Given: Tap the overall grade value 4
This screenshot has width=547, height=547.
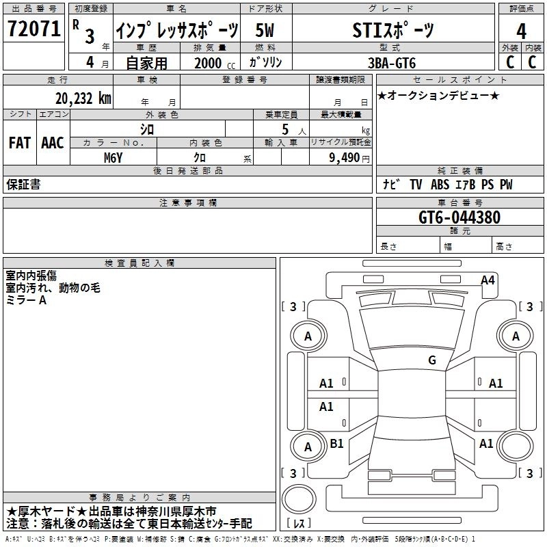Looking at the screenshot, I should tap(521, 31).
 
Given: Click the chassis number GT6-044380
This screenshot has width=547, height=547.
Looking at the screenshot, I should tap(459, 218).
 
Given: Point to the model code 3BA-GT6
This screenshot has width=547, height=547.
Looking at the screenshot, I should tap(391, 62).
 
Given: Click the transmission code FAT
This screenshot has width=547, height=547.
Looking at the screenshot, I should tap(20, 143).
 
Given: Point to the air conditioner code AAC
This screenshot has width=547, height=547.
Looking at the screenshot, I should tap(53, 143).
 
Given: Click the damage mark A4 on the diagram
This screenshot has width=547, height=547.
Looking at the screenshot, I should tap(488, 280).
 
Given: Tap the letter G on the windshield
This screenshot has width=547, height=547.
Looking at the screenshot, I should tap(431, 360).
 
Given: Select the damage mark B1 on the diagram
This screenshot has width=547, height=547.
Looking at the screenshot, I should tap(336, 444).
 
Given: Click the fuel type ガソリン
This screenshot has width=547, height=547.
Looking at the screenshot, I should tap(265, 62).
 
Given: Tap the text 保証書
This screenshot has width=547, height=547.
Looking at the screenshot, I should tap(23, 185).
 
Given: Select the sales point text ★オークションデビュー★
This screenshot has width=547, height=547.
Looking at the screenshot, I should tap(438, 95).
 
